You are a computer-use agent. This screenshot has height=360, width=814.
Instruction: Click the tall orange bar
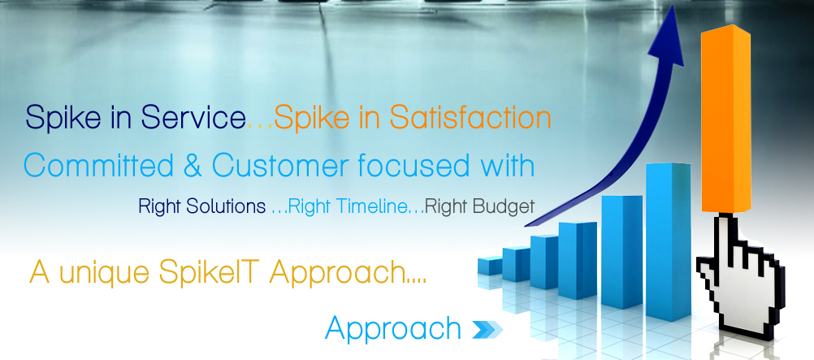coord(725,119)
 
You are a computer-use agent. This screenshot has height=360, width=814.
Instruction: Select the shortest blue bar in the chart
coord(490,265)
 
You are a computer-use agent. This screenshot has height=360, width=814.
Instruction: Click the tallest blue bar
coord(668,241)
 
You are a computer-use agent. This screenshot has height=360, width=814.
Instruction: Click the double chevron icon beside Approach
coord(487,329)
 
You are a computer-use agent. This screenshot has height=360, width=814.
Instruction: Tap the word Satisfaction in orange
coord(470,119)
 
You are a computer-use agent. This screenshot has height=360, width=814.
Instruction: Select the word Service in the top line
coord(193,119)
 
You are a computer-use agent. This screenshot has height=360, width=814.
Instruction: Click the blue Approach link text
coord(393,328)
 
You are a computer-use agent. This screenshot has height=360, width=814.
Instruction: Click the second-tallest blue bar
coord(622,253)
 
